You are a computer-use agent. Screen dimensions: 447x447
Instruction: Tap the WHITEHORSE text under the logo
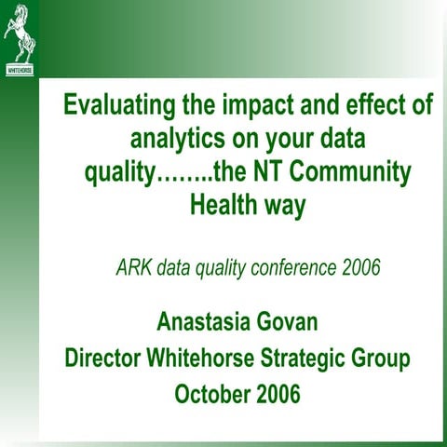tap(19, 70)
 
